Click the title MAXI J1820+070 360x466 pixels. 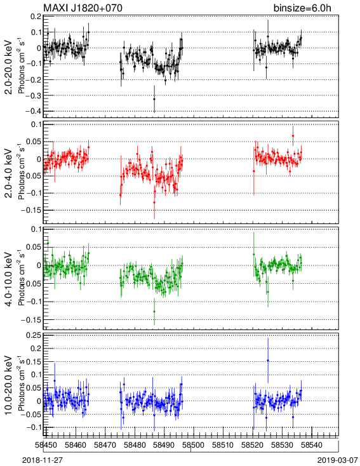click(83, 8)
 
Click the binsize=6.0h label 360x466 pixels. click(302, 8)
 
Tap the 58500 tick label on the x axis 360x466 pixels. click(194, 445)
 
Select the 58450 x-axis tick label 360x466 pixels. click(46, 445)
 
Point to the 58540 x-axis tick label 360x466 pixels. click(311, 445)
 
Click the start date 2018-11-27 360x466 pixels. click(43, 460)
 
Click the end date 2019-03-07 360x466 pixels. click(337, 460)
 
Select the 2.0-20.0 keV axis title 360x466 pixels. click(9, 67)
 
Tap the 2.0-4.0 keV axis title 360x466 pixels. click(9, 173)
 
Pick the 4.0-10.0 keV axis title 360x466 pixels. click(9, 279)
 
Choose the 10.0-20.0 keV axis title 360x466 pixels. click(9, 385)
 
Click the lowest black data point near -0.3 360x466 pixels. click(154, 99)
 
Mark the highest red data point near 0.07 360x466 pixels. click(293, 136)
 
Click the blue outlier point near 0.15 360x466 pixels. click(268, 361)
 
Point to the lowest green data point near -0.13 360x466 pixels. click(154, 312)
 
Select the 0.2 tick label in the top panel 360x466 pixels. click(36, 17)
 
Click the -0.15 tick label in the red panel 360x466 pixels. click(32, 210)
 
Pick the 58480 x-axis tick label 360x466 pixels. click(135, 445)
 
